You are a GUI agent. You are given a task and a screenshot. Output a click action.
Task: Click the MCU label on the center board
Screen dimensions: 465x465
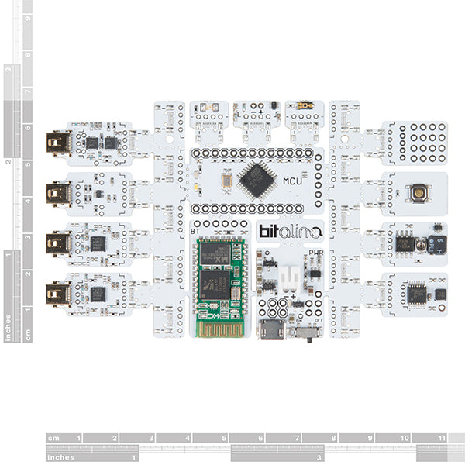[x=292, y=181]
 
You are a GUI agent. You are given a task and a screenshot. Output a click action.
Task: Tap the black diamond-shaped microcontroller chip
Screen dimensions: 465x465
[x=257, y=180]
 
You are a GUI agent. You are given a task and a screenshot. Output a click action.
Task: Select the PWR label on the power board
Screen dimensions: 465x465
[x=315, y=252]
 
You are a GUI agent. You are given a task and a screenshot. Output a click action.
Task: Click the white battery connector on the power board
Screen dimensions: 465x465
[x=288, y=276]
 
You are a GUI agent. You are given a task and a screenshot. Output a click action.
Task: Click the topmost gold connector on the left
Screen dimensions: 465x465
[x=58, y=143]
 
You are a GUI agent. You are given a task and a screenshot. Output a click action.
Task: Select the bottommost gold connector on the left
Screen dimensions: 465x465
[x=58, y=294]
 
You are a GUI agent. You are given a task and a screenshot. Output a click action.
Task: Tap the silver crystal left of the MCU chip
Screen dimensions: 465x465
[x=226, y=181]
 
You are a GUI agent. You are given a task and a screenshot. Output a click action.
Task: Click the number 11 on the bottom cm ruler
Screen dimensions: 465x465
[x=441, y=438]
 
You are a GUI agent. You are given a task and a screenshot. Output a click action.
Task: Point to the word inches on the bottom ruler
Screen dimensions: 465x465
[x=60, y=457]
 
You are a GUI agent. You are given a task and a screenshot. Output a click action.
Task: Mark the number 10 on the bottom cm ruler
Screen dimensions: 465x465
[x=405, y=438]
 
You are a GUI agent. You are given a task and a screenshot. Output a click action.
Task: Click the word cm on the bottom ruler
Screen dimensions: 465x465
[x=54, y=438]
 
